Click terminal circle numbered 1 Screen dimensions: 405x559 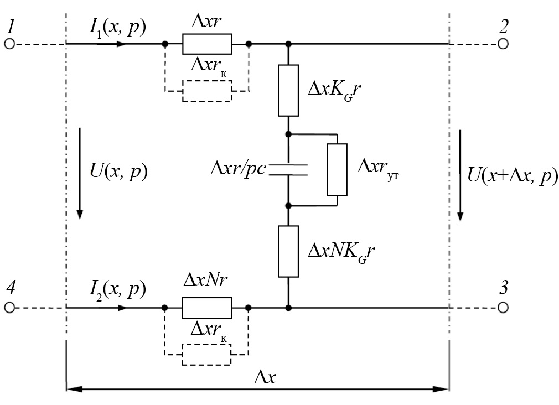point(9,44)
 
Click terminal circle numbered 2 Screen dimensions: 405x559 point(503,44)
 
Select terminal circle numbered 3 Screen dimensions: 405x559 point(503,307)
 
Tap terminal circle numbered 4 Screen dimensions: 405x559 point(9,307)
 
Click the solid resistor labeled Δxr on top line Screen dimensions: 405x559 point(207,44)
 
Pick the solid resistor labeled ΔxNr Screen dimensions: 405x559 point(207,307)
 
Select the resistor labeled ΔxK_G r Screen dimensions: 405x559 point(288,90)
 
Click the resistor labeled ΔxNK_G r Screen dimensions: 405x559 point(288,251)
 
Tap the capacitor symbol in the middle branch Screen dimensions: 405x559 point(288,169)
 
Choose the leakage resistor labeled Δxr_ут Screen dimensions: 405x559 point(337,169)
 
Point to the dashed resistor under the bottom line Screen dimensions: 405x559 point(207,354)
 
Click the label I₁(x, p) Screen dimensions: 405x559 point(118,27)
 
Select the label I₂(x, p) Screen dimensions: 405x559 point(118,289)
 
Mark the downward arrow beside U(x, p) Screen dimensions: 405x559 point(80,173)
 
